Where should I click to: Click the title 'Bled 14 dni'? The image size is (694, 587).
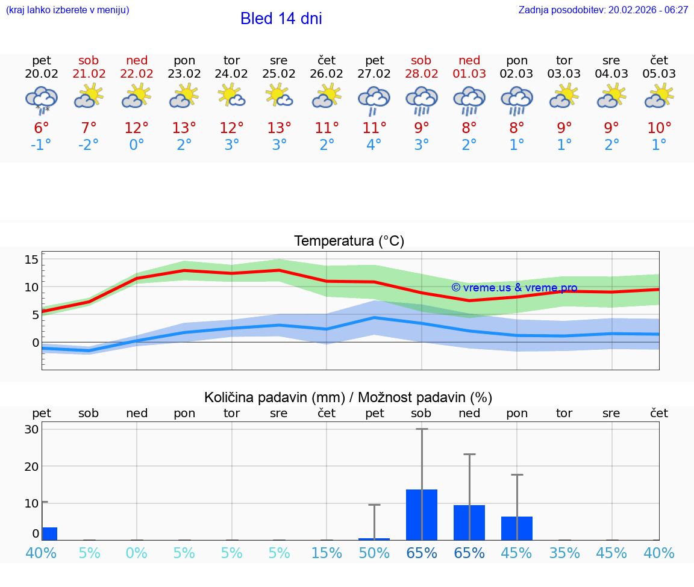pos(281,19)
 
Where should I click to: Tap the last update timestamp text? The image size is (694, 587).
pos(603,10)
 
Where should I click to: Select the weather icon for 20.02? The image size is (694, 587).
pos(42,99)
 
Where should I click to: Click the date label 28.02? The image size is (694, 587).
pos(421,74)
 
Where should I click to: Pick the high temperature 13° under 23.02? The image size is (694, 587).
pos(184,128)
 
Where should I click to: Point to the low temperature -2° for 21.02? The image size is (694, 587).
pos(89,145)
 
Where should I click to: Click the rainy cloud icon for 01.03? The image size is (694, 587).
pos(469,99)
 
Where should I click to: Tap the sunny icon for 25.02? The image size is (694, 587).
pos(279,96)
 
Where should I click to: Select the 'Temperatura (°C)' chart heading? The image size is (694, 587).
pos(349,241)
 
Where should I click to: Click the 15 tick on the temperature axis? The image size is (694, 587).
pos(31,259)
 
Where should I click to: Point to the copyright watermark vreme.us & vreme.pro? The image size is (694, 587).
pos(514,288)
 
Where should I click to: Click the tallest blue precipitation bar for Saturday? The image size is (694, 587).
pos(422,515)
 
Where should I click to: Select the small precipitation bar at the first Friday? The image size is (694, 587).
pos(49,533)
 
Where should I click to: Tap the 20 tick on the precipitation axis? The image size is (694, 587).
pos(31,466)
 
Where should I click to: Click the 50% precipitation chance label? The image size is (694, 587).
pos(374,553)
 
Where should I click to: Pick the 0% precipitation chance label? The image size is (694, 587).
pos(137,553)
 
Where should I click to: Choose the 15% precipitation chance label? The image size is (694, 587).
pos(327,553)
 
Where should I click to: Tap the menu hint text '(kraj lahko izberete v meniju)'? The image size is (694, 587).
pos(67,10)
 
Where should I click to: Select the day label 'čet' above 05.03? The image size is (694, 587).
pos(659,60)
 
